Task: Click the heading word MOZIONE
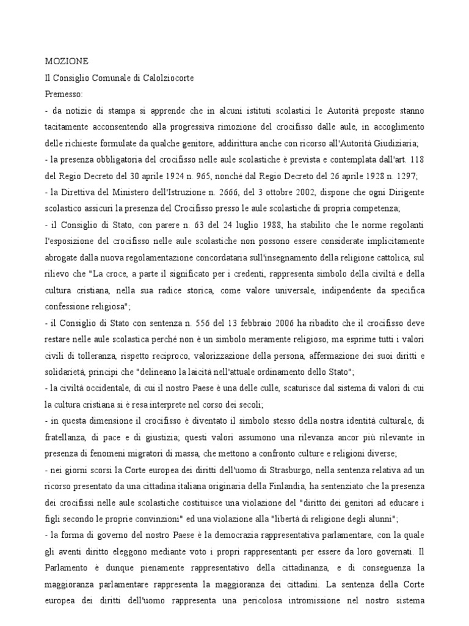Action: pyautogui.click(x=67, y=61)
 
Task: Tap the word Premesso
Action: pyautogui.click(x=66, y=94)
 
